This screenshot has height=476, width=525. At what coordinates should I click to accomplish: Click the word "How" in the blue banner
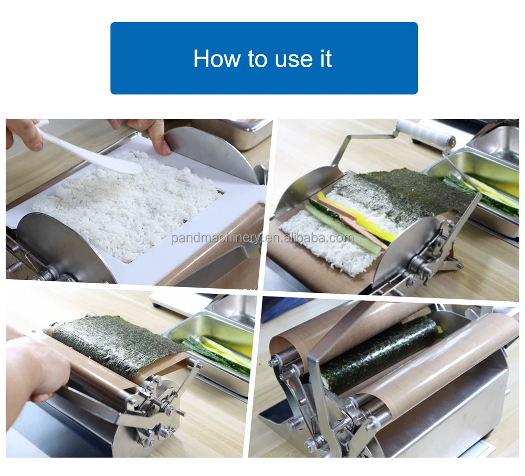coord(217,59)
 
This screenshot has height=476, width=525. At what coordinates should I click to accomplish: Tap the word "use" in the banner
coord(291,60)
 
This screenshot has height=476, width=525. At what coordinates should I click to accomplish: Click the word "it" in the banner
coord(325,59)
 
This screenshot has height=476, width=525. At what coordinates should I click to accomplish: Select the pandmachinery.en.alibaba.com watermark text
coord(262,238)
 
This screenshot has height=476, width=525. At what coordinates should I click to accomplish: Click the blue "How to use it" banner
coord(264,58)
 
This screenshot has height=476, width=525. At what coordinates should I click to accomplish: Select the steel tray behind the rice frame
coord(231,132)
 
